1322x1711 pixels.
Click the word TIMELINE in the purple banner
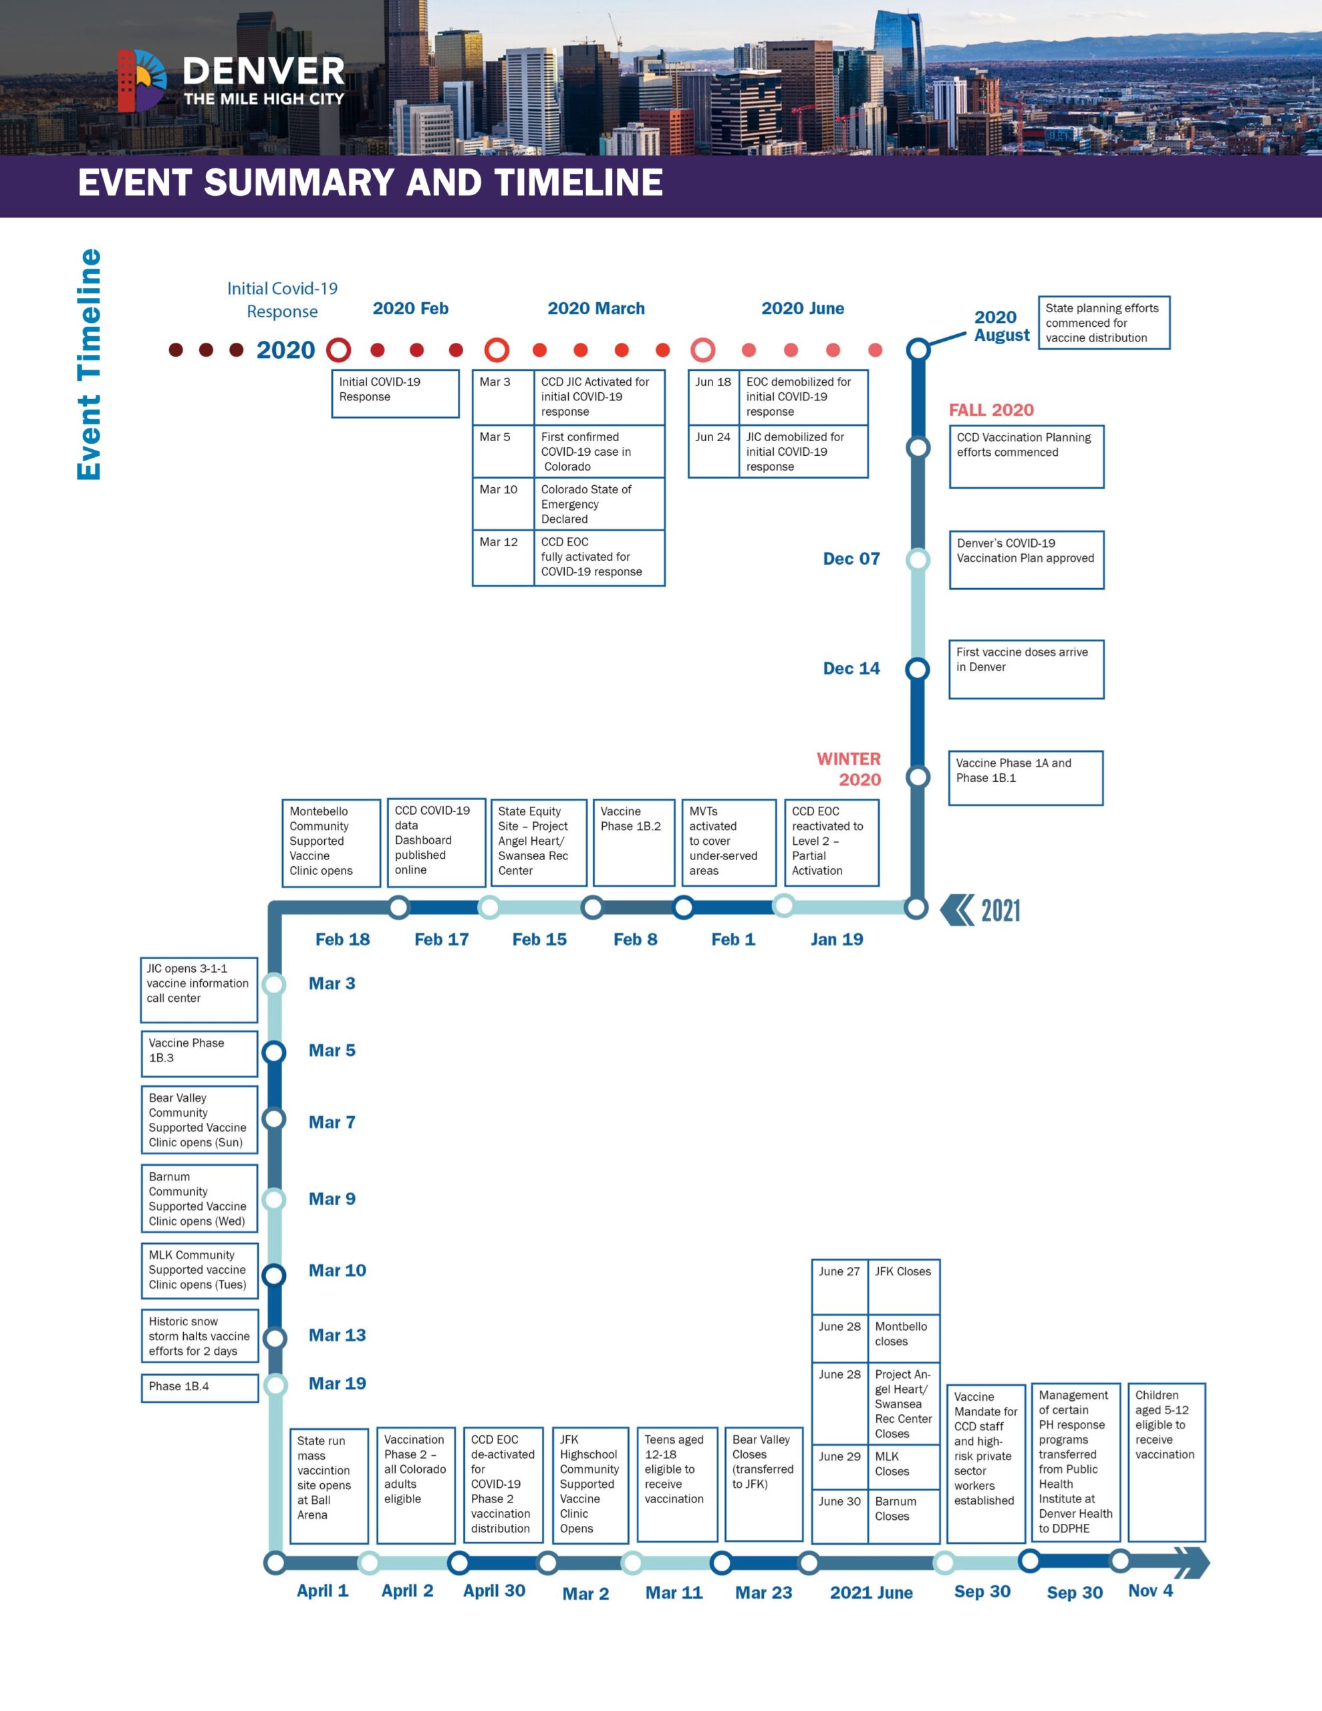coord(578,182)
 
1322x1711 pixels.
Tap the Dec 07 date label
coord(851,559)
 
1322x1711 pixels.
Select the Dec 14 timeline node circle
coord(917,669)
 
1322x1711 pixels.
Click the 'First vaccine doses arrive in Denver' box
coord(1026,669)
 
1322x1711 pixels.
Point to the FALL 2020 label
coord(990,410)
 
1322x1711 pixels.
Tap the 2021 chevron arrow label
coord(980,910)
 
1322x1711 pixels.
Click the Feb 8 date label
coord(635,939)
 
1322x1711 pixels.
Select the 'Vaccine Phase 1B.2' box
coord(633,842)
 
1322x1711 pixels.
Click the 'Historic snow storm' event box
coord(199,1336)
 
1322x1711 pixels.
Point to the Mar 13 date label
coord(337,1335)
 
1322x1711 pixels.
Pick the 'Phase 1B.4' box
coord(199,1388)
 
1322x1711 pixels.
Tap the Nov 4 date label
coord(1150,1590)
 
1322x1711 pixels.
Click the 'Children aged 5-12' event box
coord(1166,1462)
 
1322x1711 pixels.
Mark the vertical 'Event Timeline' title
coord(88,364)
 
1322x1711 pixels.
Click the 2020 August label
coord(1001,326)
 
